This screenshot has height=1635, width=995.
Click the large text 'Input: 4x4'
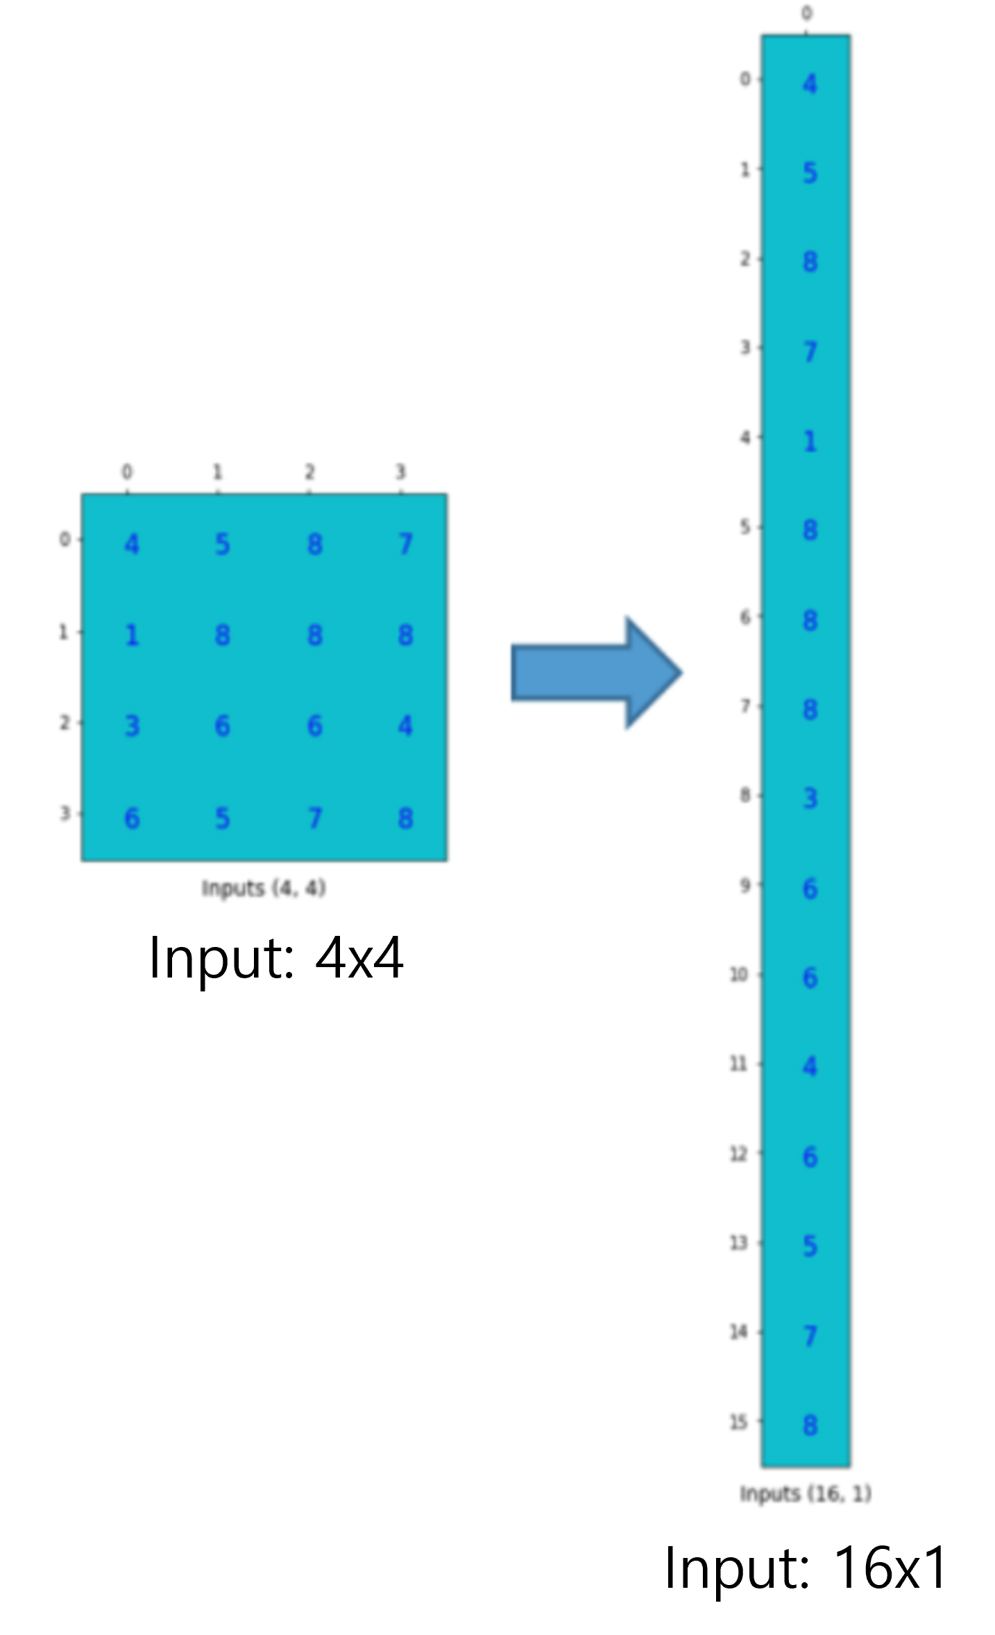click(276, 958)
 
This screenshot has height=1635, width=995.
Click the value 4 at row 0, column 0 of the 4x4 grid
click(132, 544)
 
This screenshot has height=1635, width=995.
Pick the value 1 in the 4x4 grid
click(132, 635)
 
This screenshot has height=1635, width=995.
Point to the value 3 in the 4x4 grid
click(132, 726)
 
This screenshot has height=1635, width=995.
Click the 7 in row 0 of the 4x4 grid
click(405, 544)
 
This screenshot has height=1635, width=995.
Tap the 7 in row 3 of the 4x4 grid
click(314, 817)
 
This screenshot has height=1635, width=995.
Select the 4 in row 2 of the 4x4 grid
click(405, 726)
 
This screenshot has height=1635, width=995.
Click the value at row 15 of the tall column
click(810, 1425)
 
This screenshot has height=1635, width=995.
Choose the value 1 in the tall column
click(810, 441)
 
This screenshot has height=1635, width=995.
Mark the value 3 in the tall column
click(810, 798)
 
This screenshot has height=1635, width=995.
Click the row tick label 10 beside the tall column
click(738, 975)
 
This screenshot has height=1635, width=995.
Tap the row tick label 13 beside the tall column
click(738, 1243)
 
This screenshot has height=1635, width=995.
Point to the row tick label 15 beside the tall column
click(738, 1422)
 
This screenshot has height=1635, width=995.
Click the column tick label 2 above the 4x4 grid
click(309, 472)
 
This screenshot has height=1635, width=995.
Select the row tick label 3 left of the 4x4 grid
click(65, 813)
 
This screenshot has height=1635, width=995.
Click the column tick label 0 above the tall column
click(806, 13)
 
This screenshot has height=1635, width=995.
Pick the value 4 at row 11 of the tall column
click(810, 1066)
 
